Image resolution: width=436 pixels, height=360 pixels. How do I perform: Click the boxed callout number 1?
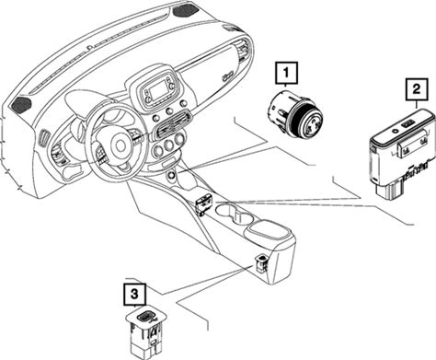pyautogui.click(x=286, y=73)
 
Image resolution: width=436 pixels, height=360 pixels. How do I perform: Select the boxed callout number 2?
pyautogui.click(x=417, y=89)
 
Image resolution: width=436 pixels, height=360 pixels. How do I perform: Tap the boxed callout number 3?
pyautogui.click(x=135, y=295)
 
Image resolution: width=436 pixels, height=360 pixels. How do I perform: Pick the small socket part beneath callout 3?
pyautogui.click(x=147, y=331)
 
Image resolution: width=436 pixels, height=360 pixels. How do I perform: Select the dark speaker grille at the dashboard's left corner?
pyautogui.click(x=21, y=104)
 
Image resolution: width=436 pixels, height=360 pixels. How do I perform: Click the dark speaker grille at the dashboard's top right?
pyautogui.click(x=186, y=11)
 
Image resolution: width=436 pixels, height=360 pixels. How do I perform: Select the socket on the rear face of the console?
pyautogui.click(x=261, y=263)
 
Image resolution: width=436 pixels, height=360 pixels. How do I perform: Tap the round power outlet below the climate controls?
pyautogui.click(x=171, y=176)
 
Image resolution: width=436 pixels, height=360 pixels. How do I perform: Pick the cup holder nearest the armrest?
pyautogui.click(x=244, y=218)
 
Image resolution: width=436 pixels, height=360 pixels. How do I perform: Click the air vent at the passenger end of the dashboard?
pyautogui.click(x=246, y=51)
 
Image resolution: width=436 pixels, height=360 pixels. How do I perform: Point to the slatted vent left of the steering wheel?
pyautogui.click(x=44, y=138)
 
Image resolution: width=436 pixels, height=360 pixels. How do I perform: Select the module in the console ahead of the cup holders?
pyautogui.click(x=203, y=203)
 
